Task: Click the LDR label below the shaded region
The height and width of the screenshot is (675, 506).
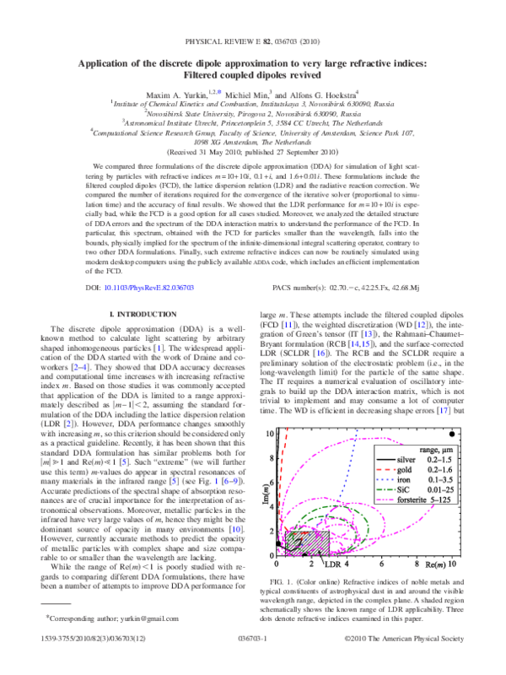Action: (334, 564)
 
